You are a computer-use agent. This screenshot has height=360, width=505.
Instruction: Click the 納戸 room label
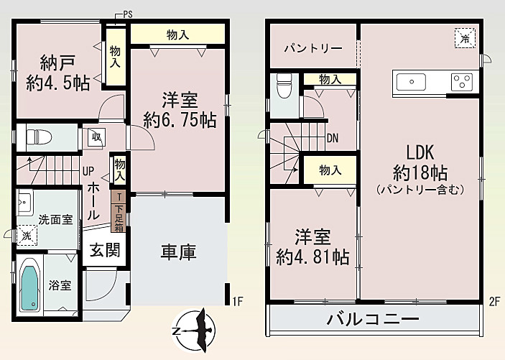point(58,72)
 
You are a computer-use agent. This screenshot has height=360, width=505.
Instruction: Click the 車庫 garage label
point(178,253)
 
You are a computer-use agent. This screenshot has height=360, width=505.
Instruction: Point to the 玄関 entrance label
point(105,251)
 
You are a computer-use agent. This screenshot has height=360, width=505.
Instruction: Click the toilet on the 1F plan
point(36,137)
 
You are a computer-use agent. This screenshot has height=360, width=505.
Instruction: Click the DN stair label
point(333,138)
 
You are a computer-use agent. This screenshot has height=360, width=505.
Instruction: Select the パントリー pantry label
point(312,48)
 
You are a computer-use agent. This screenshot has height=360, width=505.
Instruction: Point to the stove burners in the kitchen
point(461,82)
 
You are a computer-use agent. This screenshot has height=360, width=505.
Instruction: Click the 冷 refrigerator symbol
point(465,37)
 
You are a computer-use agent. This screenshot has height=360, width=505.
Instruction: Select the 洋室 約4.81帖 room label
point(313,246)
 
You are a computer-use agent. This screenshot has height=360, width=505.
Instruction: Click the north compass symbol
point(196,329)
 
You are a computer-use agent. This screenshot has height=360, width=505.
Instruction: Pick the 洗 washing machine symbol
point(26,236)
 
